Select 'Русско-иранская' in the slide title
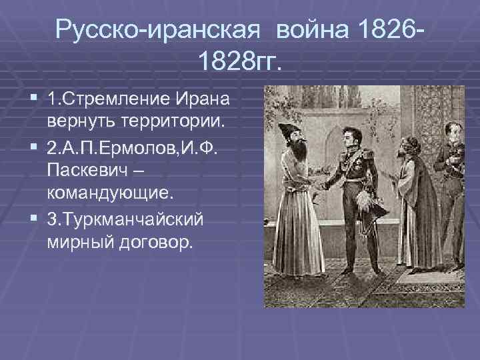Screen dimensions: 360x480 (x=161, y=29)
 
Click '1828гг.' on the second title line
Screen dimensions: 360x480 (x=240, y=63)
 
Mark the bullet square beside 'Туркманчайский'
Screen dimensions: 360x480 (x=34, y=218)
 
